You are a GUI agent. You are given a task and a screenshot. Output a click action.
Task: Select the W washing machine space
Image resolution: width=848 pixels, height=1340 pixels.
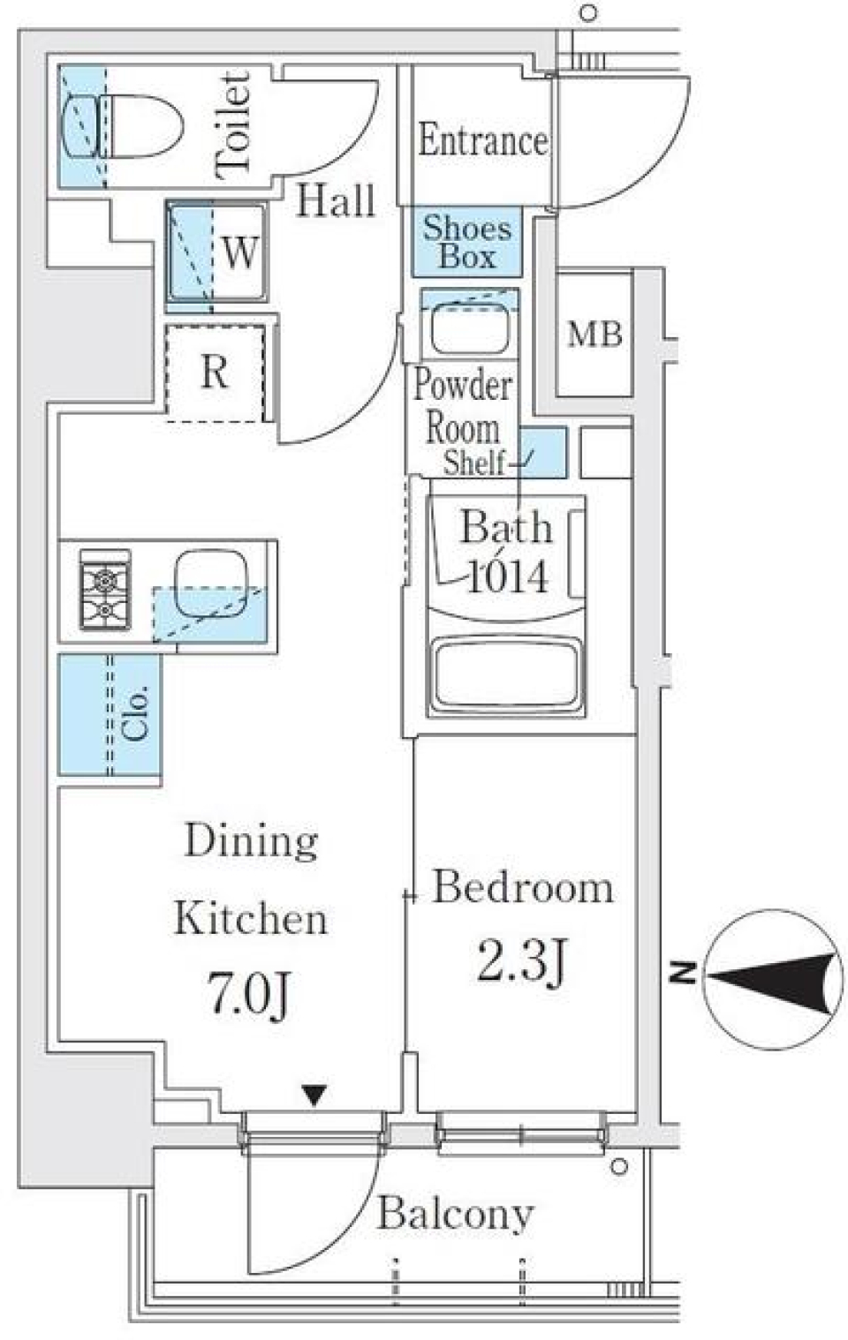click(x=216, y=252)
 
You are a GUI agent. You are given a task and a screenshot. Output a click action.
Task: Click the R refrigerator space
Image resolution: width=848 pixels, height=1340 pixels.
click(x=215, y=373)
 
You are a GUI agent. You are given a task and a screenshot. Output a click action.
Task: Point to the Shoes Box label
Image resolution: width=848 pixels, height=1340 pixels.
click(x=466, y=242)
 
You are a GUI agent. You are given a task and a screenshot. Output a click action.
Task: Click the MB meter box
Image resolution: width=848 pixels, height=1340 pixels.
click(x=594, y=334)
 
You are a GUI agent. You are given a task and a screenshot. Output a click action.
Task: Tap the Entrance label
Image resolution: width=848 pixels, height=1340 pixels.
click(x=482, y=141)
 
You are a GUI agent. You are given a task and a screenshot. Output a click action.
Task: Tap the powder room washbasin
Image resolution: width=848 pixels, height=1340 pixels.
click(x=468, y=327)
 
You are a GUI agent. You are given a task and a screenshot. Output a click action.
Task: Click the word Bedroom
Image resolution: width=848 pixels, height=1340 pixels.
click(x=523, y=888)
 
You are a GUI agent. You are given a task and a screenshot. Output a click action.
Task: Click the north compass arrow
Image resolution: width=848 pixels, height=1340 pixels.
click(x=772, y=977)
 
